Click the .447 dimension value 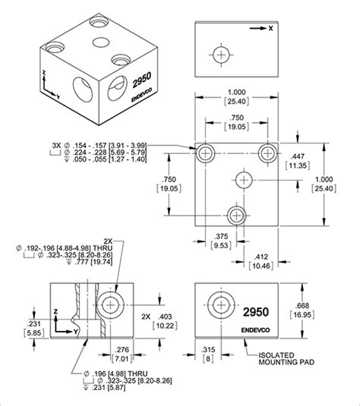click(x=300, y=155)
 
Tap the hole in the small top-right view click(x=220, y=55)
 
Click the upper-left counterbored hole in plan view click(x=205, y=154)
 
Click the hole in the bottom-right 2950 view click(x=219, y=307)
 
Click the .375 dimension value click(x=223, y=235)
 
